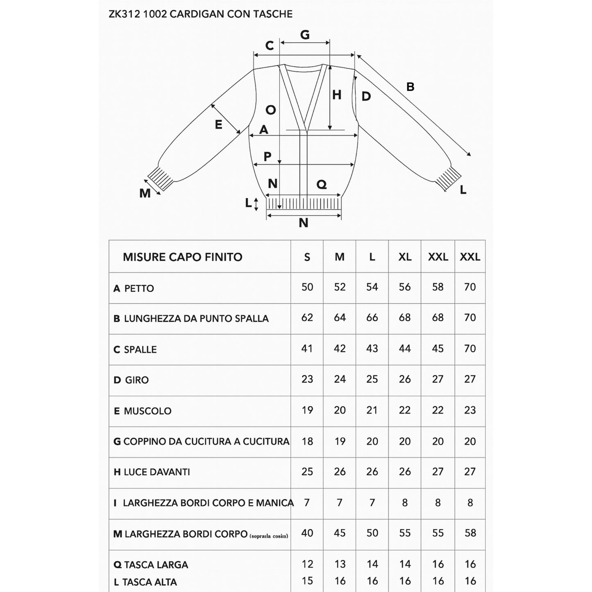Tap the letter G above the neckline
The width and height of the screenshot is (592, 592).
tap(305, 35)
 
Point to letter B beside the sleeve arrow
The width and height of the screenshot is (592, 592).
tap(410, 87)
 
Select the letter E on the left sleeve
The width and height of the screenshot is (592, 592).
tap(218, 124)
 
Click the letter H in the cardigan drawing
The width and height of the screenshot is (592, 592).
tap(337, 95)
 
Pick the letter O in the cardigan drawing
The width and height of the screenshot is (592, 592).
tap(271, 110)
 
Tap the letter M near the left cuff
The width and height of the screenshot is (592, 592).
tap(145, 193)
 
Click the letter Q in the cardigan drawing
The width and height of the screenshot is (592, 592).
tap(322, 185)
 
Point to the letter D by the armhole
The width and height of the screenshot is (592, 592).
tap(366, 96)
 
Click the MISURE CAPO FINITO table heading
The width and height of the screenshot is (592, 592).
tap(183, 257)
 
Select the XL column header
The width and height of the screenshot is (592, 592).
tap(405, 257)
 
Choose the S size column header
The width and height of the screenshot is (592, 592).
tap(307, 257)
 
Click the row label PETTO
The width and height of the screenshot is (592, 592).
tap(139, 288)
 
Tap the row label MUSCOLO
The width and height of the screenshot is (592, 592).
tap(147, 411)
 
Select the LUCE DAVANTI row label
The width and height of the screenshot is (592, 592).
tap(157, 472)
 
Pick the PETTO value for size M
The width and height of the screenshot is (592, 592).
tap(340, 287)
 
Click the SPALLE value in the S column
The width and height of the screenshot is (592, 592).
tap(307, 349)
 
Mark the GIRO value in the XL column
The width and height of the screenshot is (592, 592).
tap(405, 379)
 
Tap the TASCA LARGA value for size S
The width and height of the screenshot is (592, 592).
tap(307, 564)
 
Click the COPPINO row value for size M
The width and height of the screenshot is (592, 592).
tap(340, 441)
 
